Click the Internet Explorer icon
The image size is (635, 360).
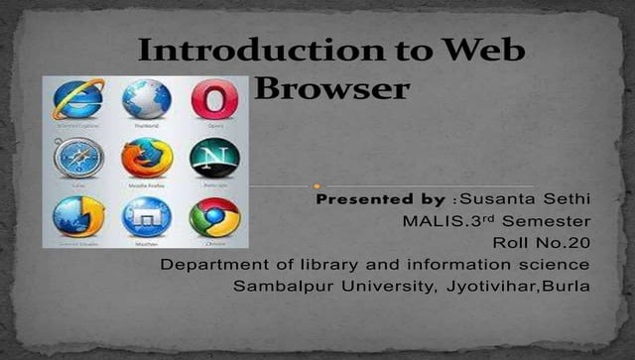coord(78,100)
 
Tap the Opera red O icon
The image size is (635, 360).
coord(209,100)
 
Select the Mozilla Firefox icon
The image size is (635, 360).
coord(145,158)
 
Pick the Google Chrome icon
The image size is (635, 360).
coord(213,217)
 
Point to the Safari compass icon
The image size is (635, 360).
coord(76,157)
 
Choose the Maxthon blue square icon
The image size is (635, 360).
coord(145,217)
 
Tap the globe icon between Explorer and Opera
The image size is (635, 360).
coord(145,100)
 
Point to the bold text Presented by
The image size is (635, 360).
coord(380,199)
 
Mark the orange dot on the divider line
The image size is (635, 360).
coord(316,185)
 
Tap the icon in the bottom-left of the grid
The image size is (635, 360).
coord(76,217)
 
